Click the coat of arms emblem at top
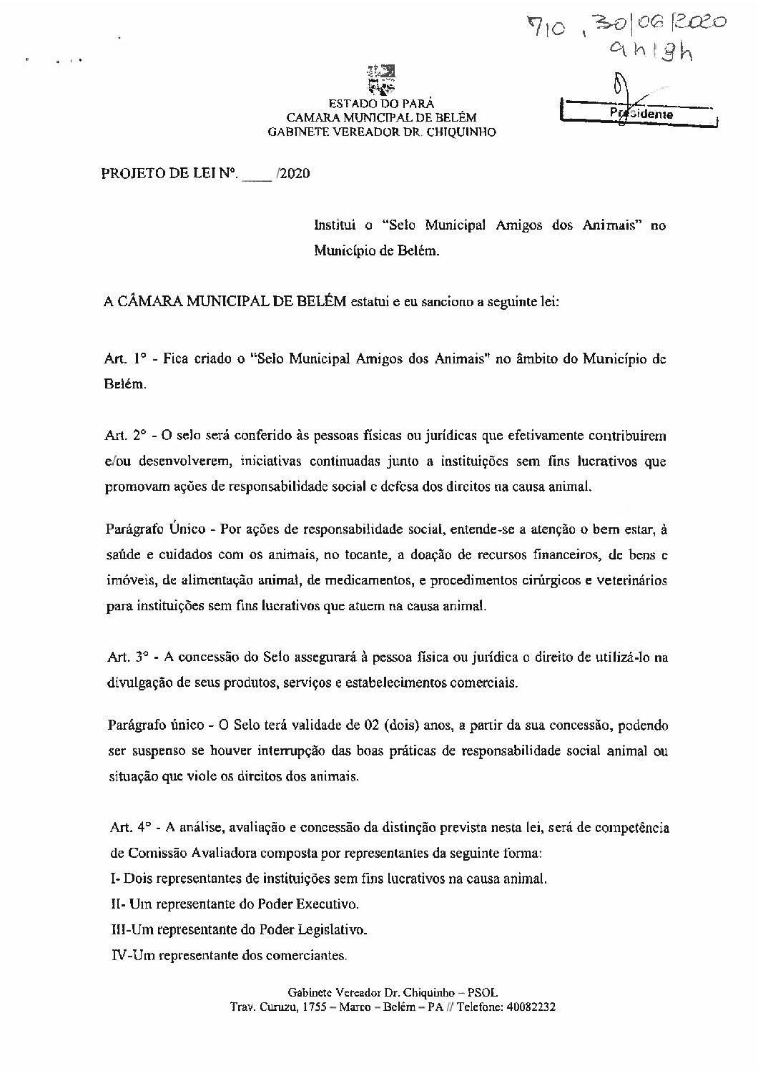tap(380, 80)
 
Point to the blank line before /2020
tap(257, 174)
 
